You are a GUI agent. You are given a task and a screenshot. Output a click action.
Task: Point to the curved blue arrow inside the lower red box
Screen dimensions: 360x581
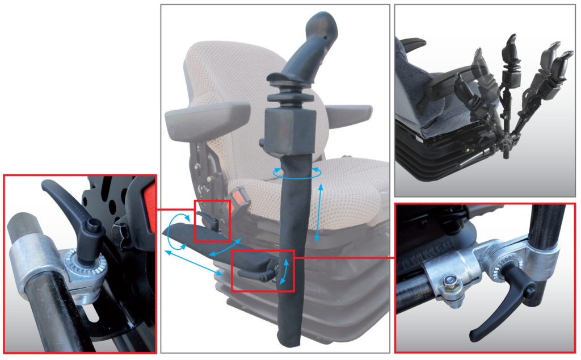pos(284,271)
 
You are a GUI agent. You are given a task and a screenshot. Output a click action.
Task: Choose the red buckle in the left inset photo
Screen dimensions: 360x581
pos(149,195)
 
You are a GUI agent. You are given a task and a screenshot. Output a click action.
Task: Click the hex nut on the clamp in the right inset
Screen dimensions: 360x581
pos(450,281)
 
